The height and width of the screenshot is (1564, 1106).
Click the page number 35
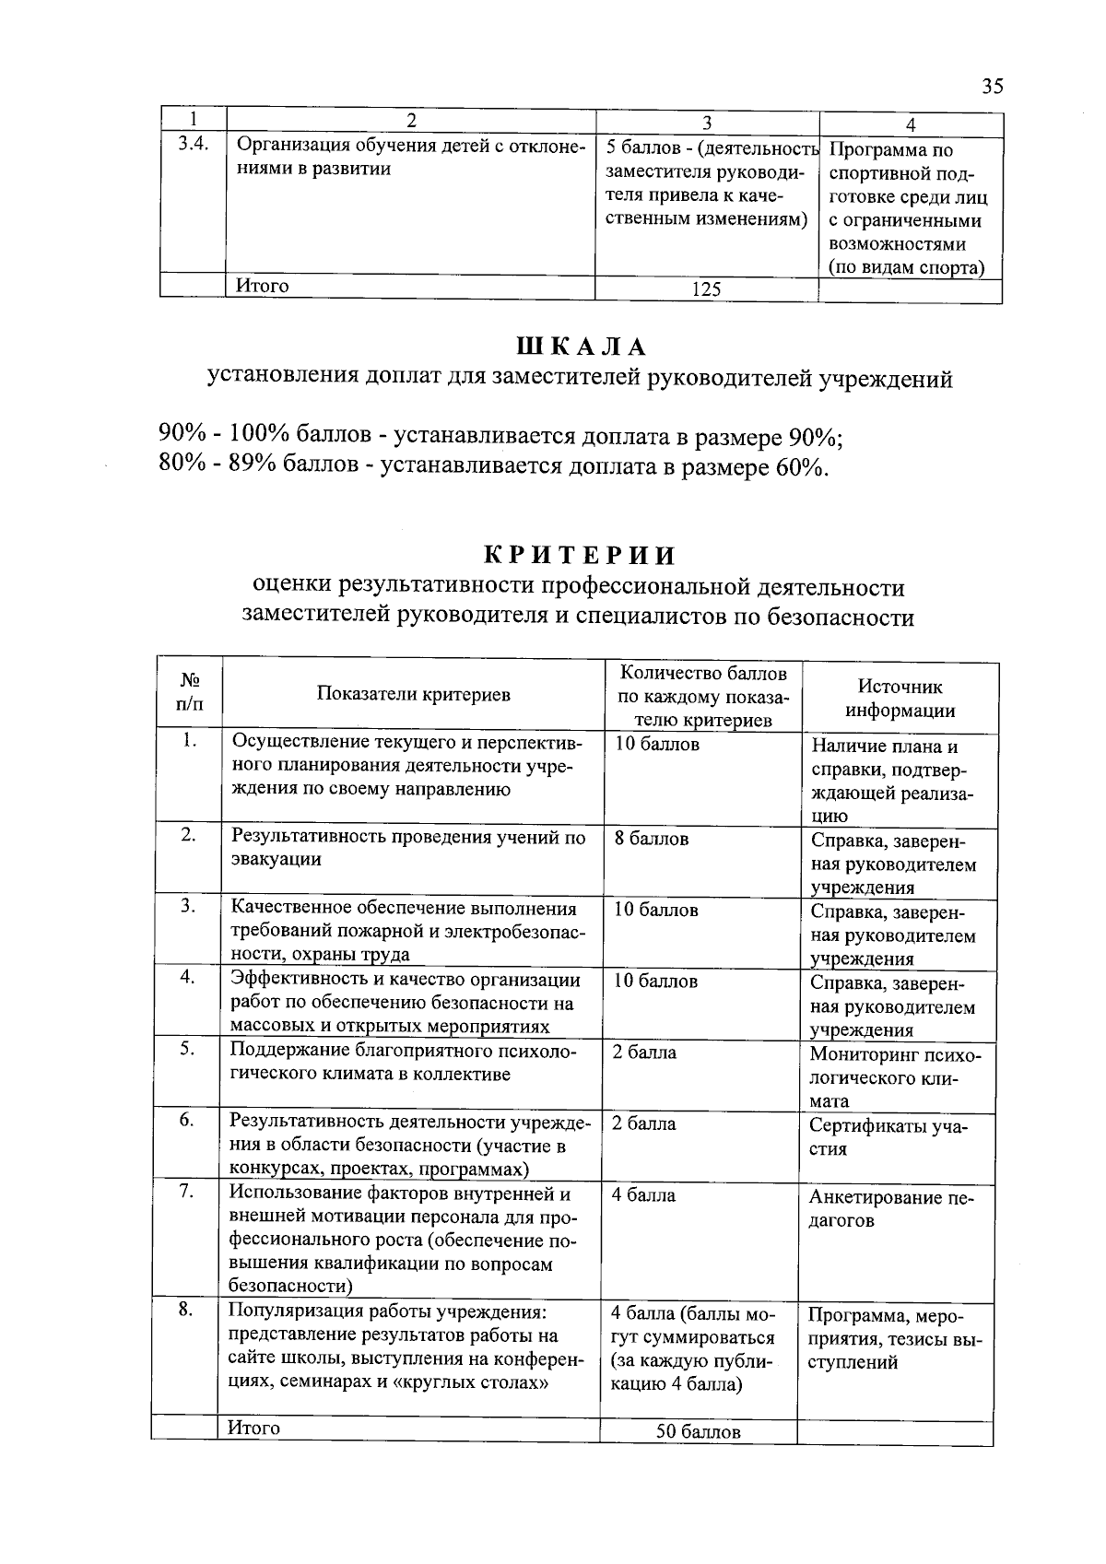[992, 87]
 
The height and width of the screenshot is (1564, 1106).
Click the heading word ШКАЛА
[582, 347]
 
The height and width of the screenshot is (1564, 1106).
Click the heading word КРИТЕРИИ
[581, 555]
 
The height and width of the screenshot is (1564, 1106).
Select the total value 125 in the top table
[706, 289]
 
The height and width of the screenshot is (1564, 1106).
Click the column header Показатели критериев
[413, 695]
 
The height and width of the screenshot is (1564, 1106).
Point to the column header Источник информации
[900, 698]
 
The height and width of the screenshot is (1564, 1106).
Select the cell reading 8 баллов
[652, 839]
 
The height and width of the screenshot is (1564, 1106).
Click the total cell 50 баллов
[698, 1432]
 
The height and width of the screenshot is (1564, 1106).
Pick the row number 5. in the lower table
[187, 1049]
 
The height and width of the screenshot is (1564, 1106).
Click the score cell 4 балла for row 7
[643, 1195]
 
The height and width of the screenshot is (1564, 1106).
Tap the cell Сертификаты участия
[888, 1137]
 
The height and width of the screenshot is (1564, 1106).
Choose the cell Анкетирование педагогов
[890, 1208]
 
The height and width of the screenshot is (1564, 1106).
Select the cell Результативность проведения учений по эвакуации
[408, 848]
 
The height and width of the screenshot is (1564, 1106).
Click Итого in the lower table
[254, 1428]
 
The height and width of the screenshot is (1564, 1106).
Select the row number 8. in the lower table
[186, 1310]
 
